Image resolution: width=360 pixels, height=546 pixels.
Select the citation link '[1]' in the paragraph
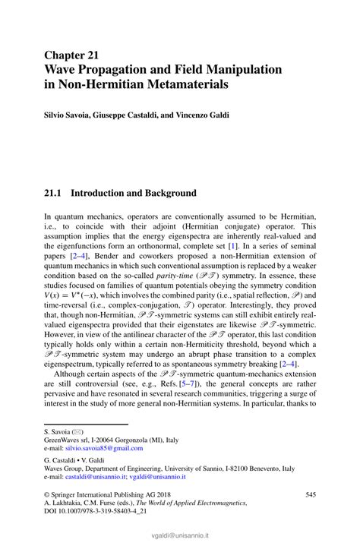[x=235, y=247]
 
